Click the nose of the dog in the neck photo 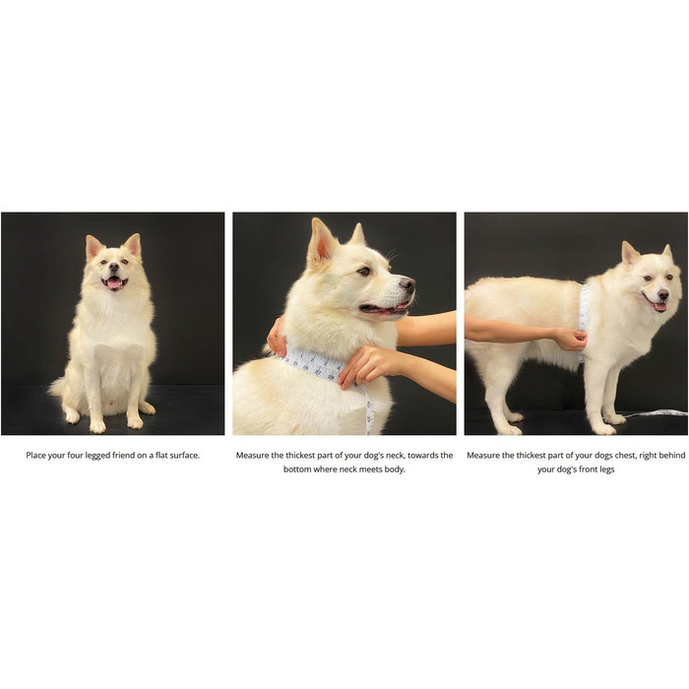click(x=407, y=283)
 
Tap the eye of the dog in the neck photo click(x=365, y=271)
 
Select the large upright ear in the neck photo click(x=322, y=243)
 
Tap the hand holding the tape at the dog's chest click(x=569, y=339)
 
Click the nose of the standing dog click(x=663, y=293)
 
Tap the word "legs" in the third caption click(x=604, y=470)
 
